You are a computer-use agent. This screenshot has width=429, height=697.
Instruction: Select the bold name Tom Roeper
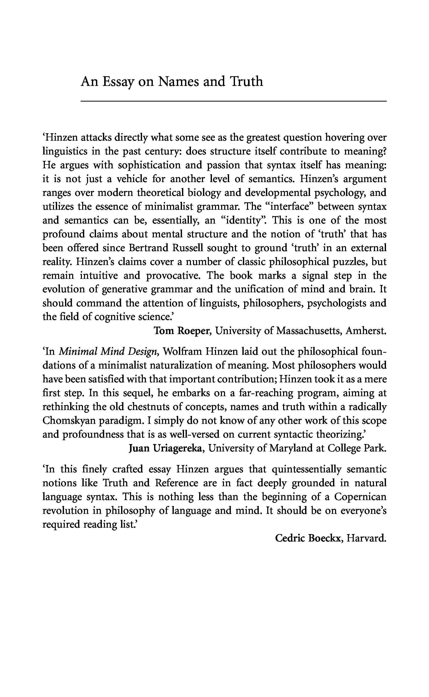(181, 330)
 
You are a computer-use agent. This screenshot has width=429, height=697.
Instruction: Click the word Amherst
(366, 330)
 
